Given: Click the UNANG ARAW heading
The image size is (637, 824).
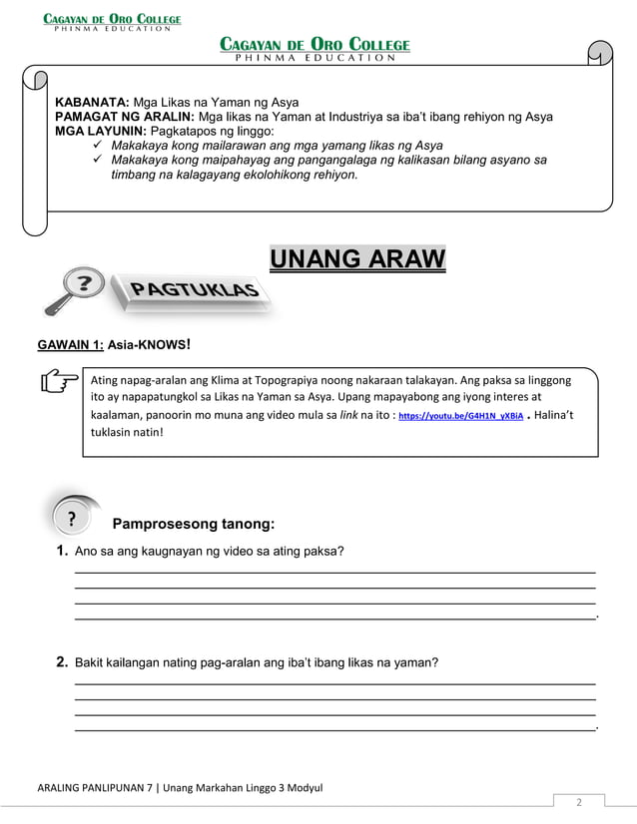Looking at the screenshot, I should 357,260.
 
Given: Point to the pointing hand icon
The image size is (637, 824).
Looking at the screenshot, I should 60,381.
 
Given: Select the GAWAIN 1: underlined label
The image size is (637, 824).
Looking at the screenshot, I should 69,345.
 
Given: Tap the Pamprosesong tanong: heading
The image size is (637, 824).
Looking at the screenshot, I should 193,524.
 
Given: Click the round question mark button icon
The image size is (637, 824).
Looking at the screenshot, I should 72,520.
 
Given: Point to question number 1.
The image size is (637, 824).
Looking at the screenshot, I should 62,552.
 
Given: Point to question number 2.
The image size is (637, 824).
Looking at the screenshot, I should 62,662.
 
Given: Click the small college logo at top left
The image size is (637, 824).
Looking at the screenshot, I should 111,21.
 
